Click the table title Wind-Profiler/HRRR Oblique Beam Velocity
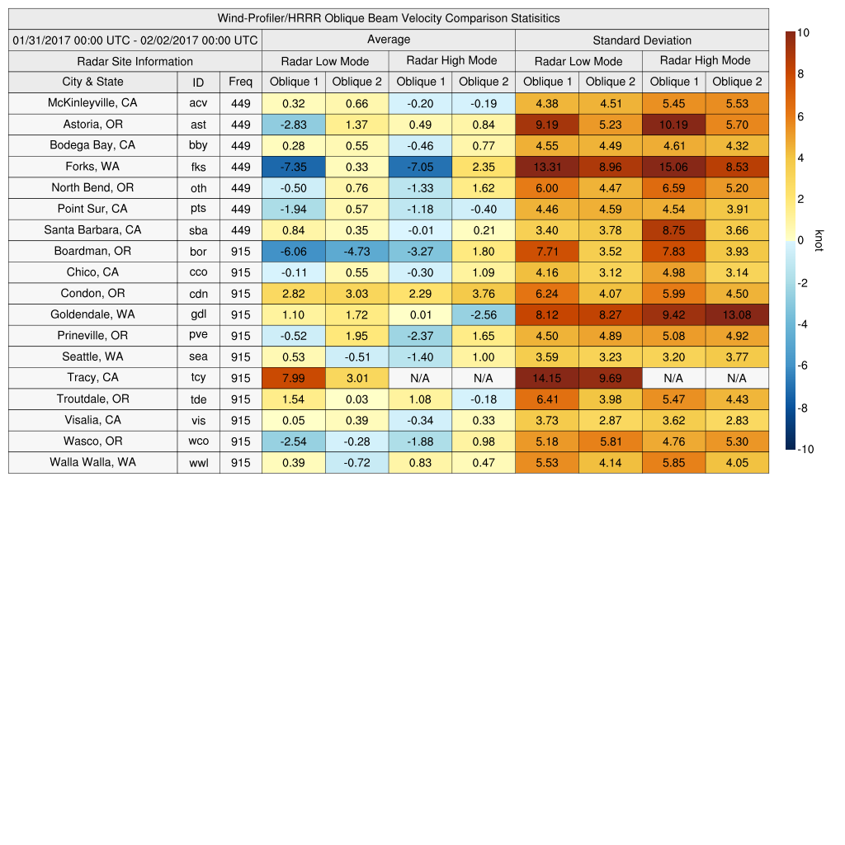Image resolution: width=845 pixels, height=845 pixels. (x=389, y=18)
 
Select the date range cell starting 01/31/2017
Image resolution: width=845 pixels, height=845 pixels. (x=135, y=40)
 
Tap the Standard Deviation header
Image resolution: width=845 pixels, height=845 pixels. (x=642, y=40)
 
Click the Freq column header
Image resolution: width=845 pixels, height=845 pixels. (x=240, y=82)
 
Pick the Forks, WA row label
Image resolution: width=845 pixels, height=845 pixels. (x=92, y=167)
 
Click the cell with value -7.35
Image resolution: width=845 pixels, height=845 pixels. (x=293, y=167)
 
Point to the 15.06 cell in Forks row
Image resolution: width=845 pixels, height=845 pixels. (x=673, y=167)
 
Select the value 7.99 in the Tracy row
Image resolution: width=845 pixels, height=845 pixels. (x=293, y=378)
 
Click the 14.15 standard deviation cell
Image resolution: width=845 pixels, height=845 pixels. (x=546, y=378)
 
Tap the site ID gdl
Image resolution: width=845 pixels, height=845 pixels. (x=198, y=314)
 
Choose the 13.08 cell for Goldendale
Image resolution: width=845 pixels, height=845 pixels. (x=737, y=314)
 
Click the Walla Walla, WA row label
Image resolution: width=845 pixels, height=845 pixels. (x=92, y=462)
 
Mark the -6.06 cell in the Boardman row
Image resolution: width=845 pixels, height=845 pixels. (x=293, y=251)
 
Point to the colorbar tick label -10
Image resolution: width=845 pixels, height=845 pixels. (x=806, y=450)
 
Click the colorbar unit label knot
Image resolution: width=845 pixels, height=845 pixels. (x=819, y=240)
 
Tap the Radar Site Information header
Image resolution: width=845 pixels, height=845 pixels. (x=135, y=61)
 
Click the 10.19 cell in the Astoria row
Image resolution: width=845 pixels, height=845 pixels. (x=673, y=125)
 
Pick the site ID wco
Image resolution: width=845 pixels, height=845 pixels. (x=198, y=441)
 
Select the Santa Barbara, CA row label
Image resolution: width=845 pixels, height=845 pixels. (x=92, y=230)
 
